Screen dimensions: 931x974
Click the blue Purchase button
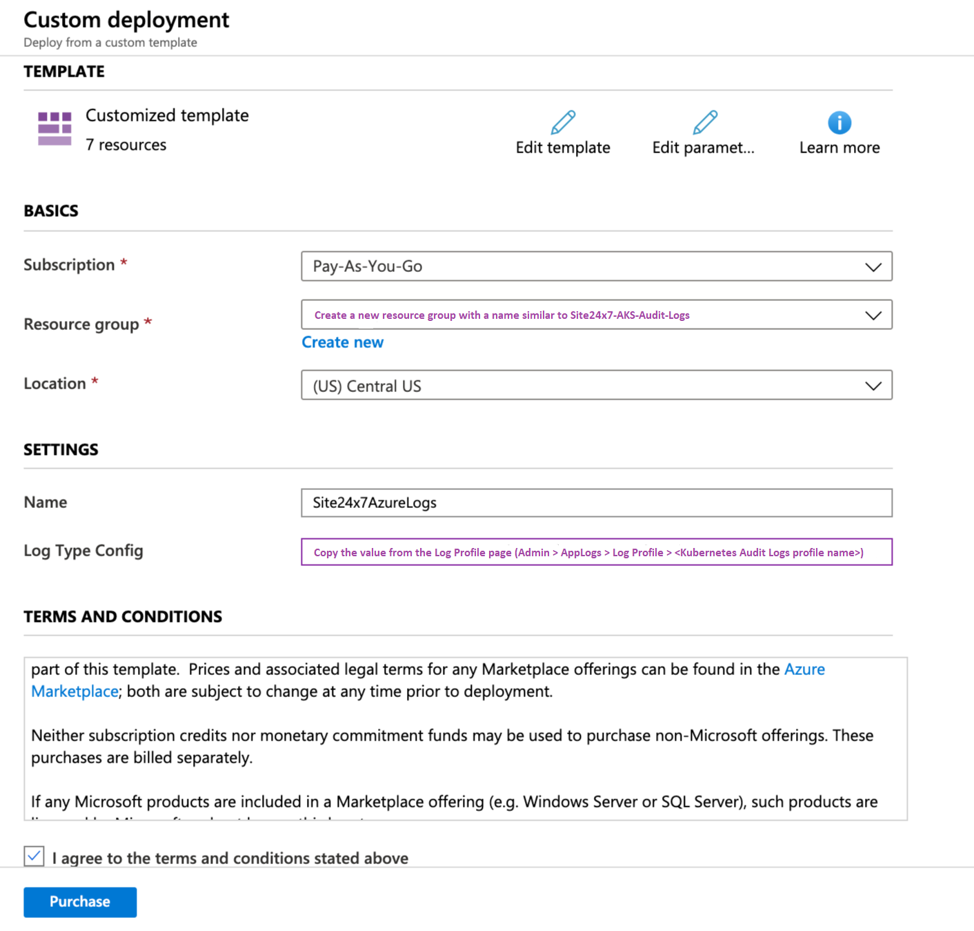[x=80, y=902]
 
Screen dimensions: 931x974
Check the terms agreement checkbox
[x=34, y=856]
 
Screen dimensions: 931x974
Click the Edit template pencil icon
[x=563, y=123]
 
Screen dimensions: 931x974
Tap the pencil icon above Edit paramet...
[x=704, y=123]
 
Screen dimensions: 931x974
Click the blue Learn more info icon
[x=839, y=123]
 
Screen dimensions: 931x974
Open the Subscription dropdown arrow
[x=873, y=267]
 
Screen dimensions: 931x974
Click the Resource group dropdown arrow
[x=873, y=315]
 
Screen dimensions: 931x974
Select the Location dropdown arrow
[x=873, y=386]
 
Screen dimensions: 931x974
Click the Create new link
[x=342, y=342]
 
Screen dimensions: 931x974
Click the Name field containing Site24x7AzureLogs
[x=596, y=502]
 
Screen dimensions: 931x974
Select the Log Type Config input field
[x=596, y=552]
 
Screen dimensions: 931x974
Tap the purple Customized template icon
[x=54, y=128]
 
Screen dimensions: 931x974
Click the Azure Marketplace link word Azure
[x=804, y=669]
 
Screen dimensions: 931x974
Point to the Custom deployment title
[x=126, y=20]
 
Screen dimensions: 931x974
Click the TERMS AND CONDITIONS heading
[x=123, y=616]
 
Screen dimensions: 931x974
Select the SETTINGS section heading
[x=61, y=450]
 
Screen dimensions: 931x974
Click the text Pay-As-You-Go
[x=368, y=266]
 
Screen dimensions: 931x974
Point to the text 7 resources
[x=126, y=145]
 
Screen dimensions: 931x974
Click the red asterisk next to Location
[x=95, y=381]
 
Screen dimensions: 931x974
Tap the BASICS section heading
[x=51, y=211]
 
